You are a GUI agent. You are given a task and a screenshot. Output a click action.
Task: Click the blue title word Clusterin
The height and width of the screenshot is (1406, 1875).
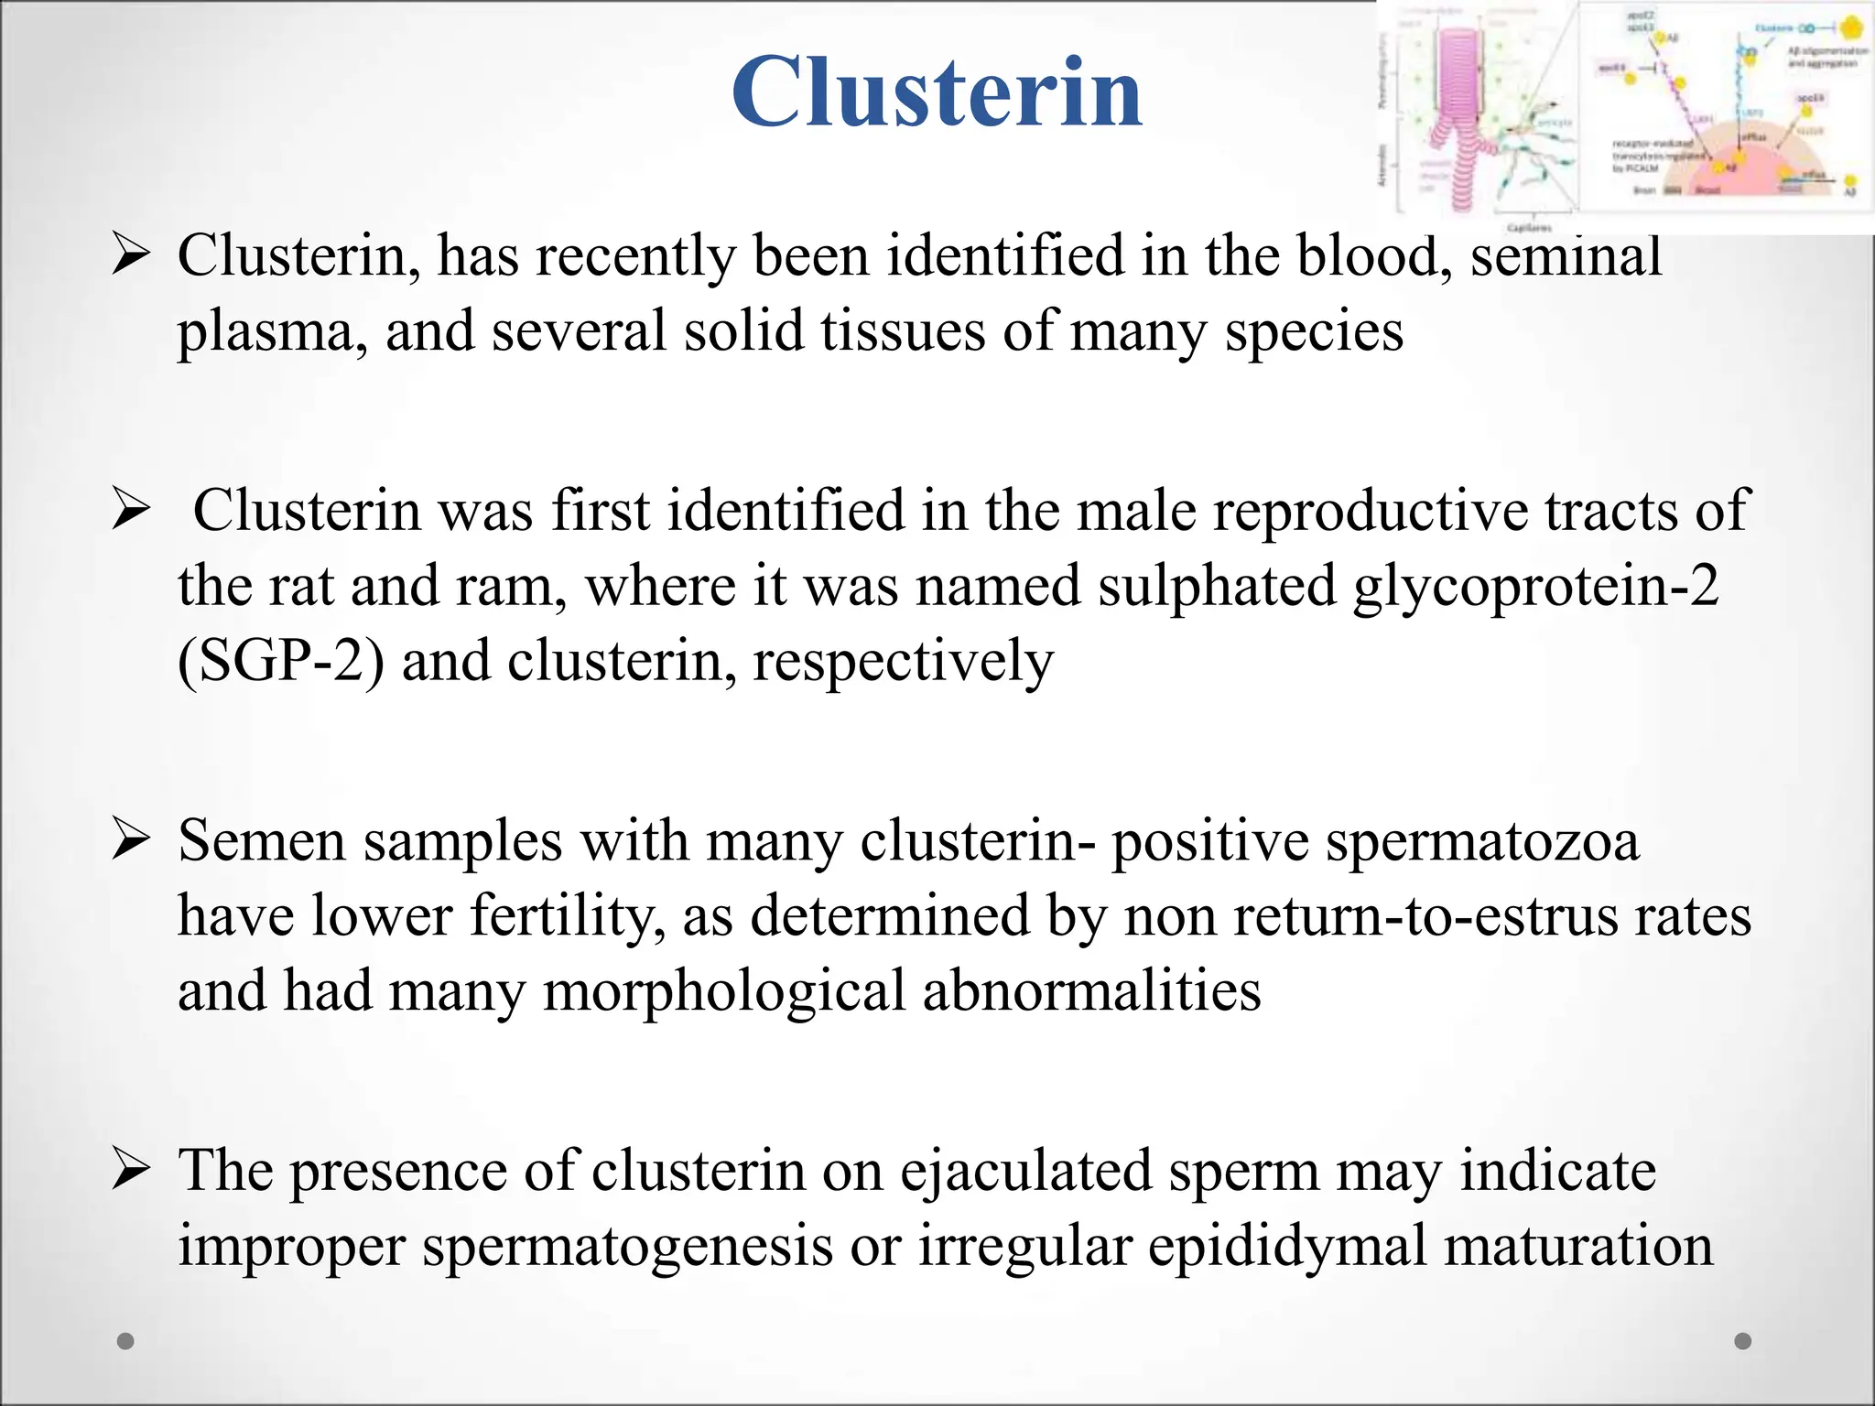[x=937, y=93]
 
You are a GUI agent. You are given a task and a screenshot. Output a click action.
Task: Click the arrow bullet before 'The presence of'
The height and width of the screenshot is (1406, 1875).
[x=130, y=1171]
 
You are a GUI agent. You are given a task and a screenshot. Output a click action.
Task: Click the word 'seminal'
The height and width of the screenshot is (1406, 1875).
[x=1566, y=255]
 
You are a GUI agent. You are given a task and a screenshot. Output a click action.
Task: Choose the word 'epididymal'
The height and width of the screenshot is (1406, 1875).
[x=1287, y=1248]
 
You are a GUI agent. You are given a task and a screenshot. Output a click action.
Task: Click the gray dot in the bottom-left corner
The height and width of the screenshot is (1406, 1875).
[x=126, y=1341]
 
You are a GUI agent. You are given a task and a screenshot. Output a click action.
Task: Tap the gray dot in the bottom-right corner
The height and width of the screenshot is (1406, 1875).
[x=1743, y=1341]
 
